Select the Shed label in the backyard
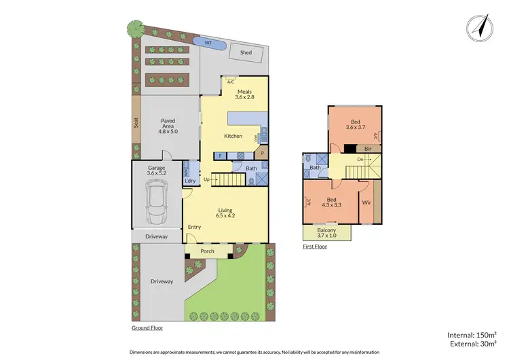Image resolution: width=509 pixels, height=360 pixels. pos(246,52)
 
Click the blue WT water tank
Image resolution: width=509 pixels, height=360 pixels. pos(208,43)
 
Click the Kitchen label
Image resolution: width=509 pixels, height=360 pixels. pos(233,137)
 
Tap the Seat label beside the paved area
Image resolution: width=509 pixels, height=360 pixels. pos(136,124)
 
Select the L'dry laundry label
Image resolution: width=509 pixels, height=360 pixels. pos(190,181)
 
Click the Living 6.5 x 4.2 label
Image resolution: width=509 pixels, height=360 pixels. pos(226,213)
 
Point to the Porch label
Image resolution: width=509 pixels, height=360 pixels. pos(208,251)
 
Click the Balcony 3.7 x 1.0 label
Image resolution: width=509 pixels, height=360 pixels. pos(326,232)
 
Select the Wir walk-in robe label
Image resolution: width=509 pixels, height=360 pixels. pos(366,202)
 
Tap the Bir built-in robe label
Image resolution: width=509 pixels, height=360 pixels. pos(368,148)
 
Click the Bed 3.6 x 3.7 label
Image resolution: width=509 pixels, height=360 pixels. pos(355,124)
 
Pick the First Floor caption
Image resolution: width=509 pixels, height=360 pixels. pos(315,247)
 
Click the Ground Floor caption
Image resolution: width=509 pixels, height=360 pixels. pos(147,327)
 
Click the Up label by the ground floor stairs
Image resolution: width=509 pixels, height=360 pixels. pos(207,180)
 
